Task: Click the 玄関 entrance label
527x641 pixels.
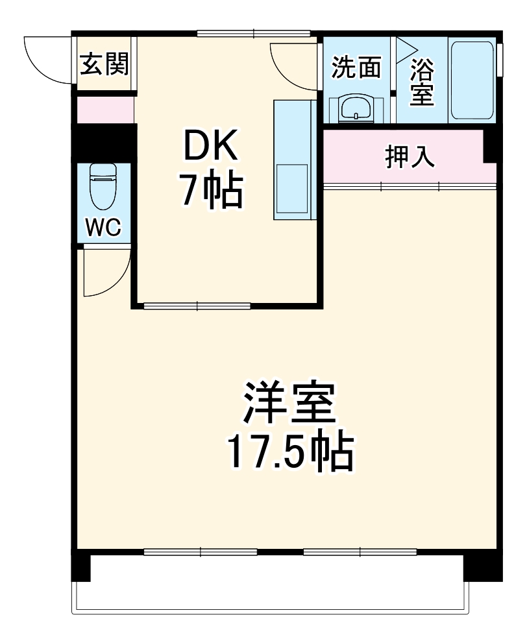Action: click(104, 64)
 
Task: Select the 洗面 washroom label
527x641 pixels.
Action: click(356, 67)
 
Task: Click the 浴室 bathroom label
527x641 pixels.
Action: click(422, 82)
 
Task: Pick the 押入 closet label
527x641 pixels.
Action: click(410, 157)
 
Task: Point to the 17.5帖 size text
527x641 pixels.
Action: click(289, 453)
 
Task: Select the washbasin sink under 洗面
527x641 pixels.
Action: click(356, 107)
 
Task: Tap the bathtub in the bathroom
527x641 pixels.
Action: click(472, 81)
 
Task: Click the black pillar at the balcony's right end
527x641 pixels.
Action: click(482, 566)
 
